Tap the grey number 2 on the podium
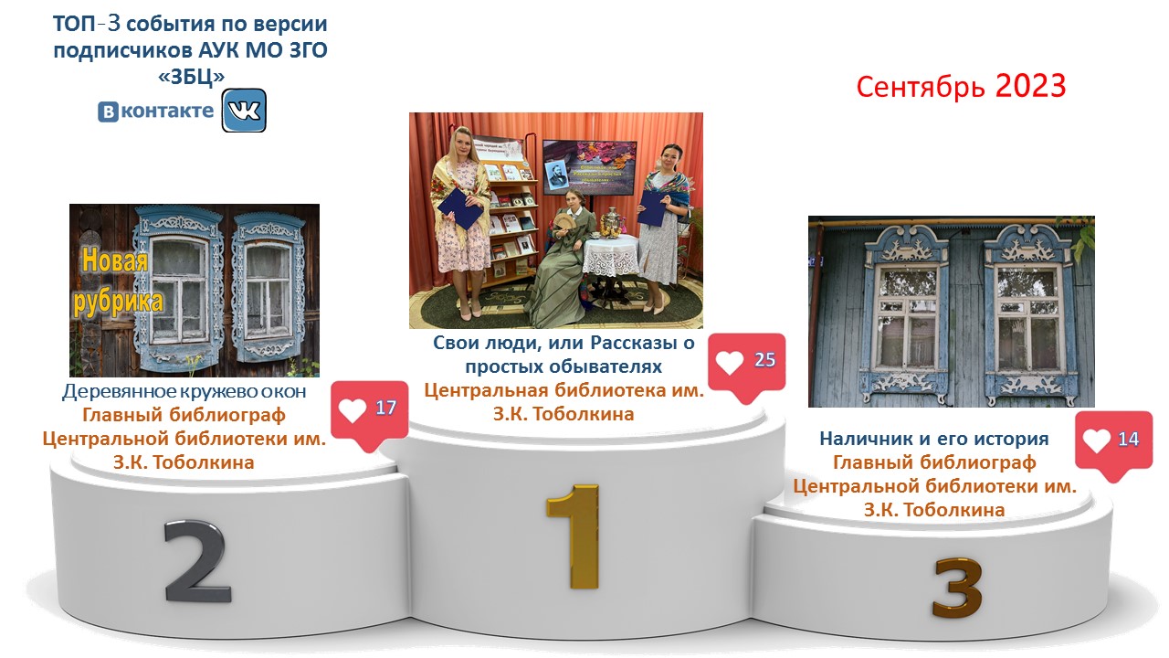(x=196, y=561)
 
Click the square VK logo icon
(x=244, y=111)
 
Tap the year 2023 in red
(x=1030, y=86)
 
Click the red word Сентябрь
(x=921, y=87)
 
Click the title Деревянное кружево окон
(x=184, y=391)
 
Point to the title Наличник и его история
(x=934, y=439)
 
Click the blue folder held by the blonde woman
(x=460, y=208)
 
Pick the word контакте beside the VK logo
(x=167, y=111)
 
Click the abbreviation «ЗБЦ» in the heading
(x=191, y=77)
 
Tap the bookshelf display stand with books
(x=509, y=219)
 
